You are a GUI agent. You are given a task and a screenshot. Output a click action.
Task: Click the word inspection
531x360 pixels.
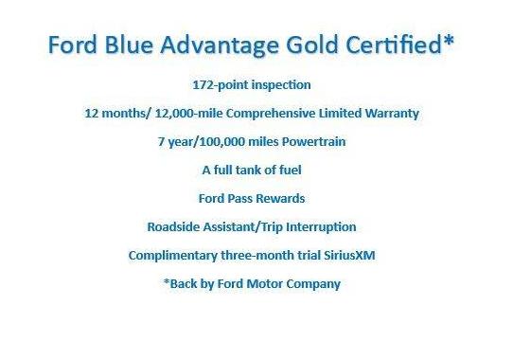[282, 84]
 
